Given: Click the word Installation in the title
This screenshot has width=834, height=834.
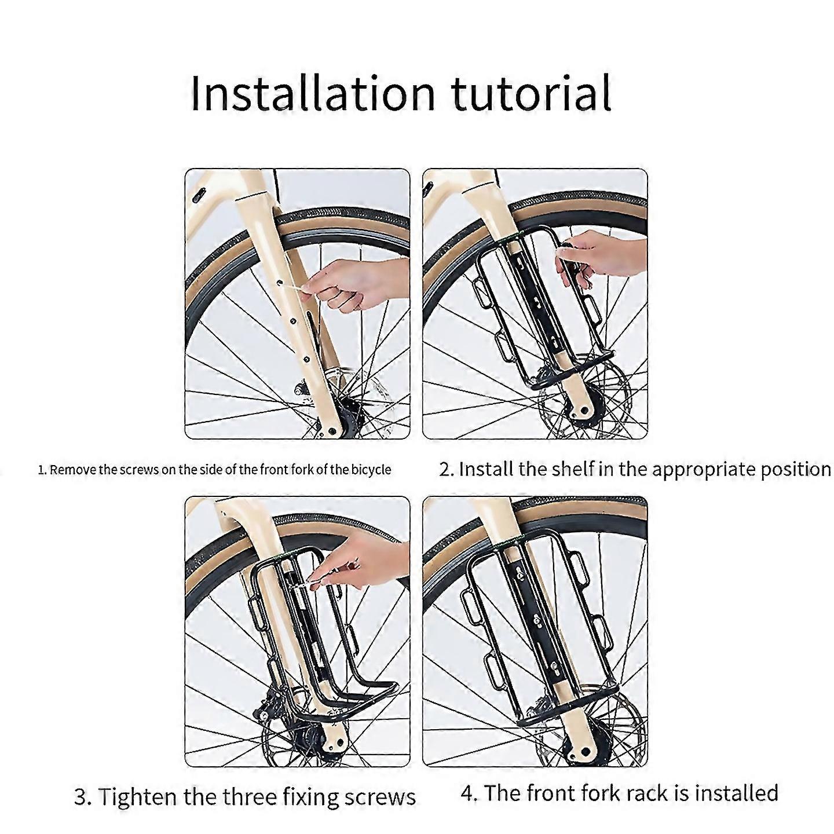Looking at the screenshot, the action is point(313,93).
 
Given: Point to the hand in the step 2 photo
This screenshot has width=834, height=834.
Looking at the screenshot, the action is point(602,258).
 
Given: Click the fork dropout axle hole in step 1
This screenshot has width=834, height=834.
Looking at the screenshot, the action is point(331,431).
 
